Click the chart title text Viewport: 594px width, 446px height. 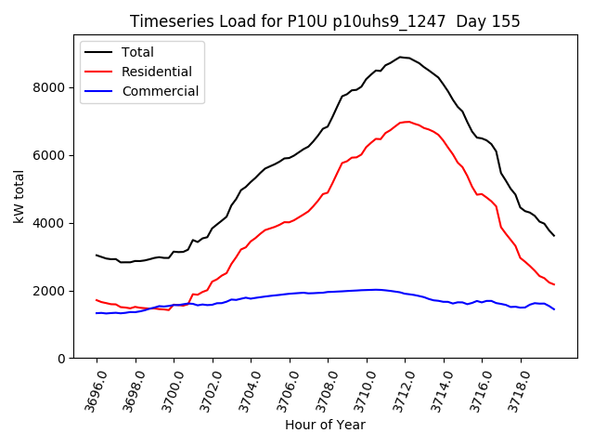pos(325,20)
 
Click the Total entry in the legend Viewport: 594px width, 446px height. pos(137,52)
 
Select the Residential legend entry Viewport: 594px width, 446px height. pos(155,72)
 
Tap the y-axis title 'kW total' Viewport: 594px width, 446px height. pos(19,196)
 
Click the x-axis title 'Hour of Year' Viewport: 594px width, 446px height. pos(325,425)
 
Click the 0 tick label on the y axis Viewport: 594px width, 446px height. pos(60,359)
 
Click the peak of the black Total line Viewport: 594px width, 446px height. pos(401,57)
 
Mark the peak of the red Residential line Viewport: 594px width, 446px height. pos(408,122)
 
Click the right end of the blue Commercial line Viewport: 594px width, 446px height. pos(554,308)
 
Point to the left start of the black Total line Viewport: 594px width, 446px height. pos(97,255)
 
